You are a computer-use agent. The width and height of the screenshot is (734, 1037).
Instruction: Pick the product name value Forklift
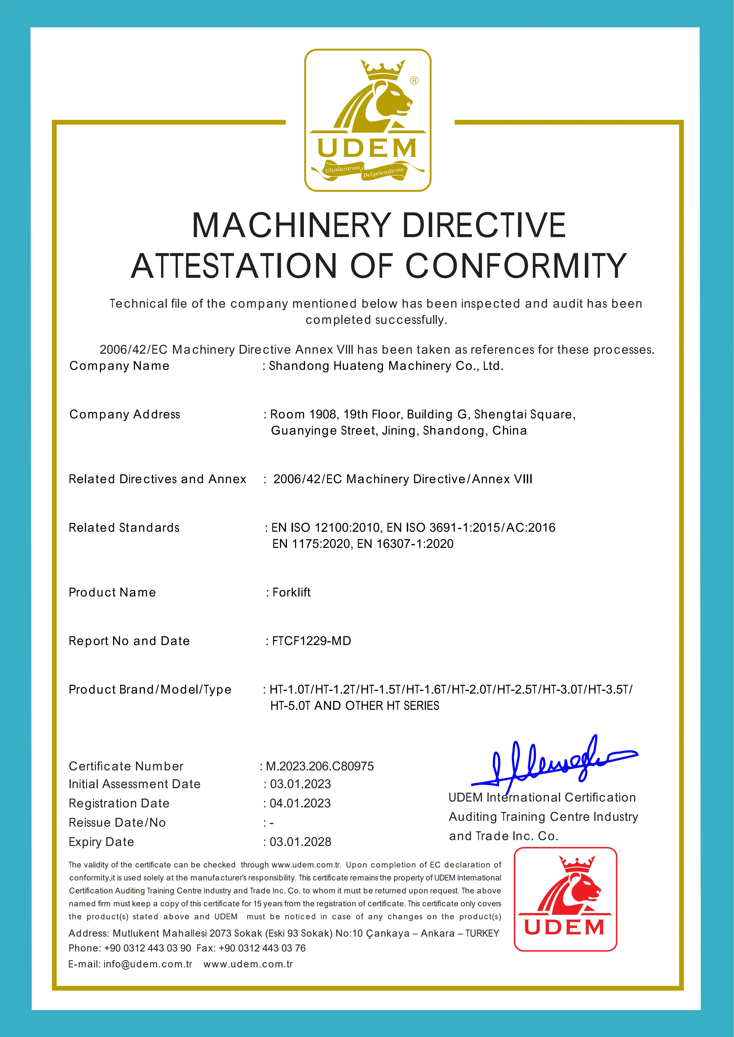tap(292, 592)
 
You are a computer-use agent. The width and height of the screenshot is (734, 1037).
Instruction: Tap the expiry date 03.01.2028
tap(301, 842)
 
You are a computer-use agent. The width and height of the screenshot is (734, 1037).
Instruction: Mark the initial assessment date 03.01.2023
tap(301, 784)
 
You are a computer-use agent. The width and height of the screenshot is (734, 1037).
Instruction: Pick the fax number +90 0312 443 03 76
tap(262, 948)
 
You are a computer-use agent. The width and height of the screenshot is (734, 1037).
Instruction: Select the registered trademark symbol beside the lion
tap(414, 80)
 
